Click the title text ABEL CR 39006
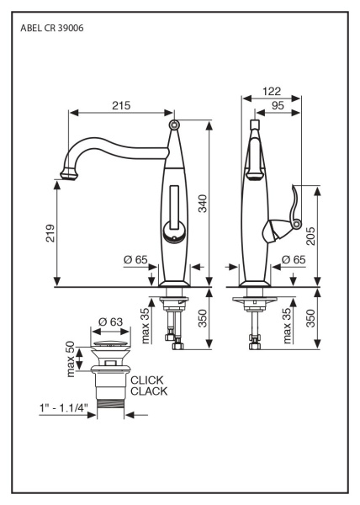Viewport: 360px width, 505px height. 52,29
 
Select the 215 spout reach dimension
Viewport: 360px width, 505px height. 121,105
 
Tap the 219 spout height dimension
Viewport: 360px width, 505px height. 50,233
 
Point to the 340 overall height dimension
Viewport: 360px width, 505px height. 203,204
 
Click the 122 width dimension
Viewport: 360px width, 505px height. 272,92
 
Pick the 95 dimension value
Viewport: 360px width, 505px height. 278,105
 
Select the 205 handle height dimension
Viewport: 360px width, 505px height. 310,236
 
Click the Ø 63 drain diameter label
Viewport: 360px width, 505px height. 110,322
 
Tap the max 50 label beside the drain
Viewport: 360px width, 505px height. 71,359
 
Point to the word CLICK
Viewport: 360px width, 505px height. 147,380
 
